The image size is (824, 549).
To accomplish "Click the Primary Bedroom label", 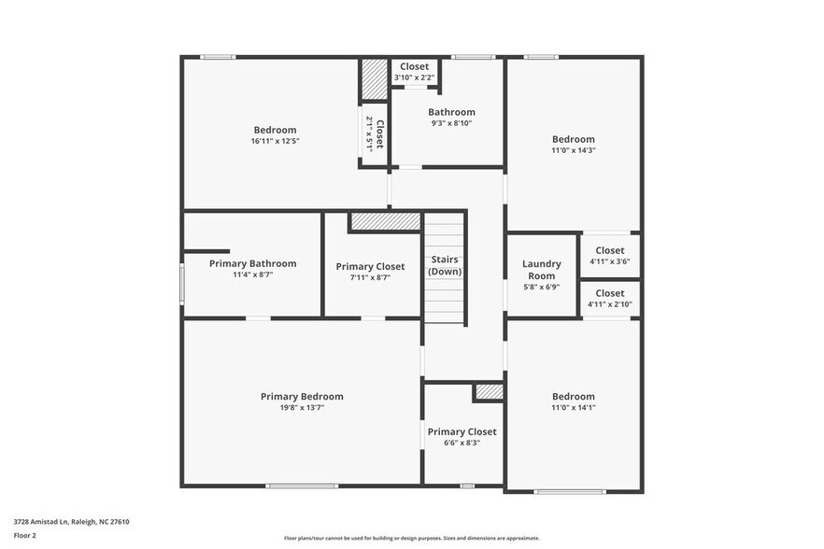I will (302, 397).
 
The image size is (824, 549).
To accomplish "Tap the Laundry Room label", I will (542, 270).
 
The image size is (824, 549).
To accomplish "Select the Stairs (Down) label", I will (446, 265).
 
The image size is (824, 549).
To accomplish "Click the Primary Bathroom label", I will (252, 263).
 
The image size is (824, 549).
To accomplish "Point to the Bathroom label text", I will (451, 112).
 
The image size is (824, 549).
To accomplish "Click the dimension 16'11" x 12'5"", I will (275, 141).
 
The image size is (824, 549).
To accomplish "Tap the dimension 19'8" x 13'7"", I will (302, 408).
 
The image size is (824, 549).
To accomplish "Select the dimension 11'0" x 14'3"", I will (573, 150).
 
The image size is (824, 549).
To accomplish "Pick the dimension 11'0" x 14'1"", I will (573, 408).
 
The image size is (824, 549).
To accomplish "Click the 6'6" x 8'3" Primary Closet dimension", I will (462, 443).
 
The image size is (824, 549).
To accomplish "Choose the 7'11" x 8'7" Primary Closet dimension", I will (370, 277).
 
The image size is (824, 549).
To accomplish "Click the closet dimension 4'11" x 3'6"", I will (610, 261).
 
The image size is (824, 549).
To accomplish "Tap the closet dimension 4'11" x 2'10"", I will (610, 304).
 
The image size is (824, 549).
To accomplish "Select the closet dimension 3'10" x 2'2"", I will (414, 77).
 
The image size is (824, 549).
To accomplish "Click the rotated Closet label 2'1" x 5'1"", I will (374, 134).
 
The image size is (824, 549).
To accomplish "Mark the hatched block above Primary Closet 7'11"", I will (385, 222).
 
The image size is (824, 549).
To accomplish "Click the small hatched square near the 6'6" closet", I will (489, 392).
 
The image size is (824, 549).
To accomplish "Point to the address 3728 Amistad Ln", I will (71, 522).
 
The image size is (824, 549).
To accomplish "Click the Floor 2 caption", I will (24, 535).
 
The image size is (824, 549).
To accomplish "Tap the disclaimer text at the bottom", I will (411, 538).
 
